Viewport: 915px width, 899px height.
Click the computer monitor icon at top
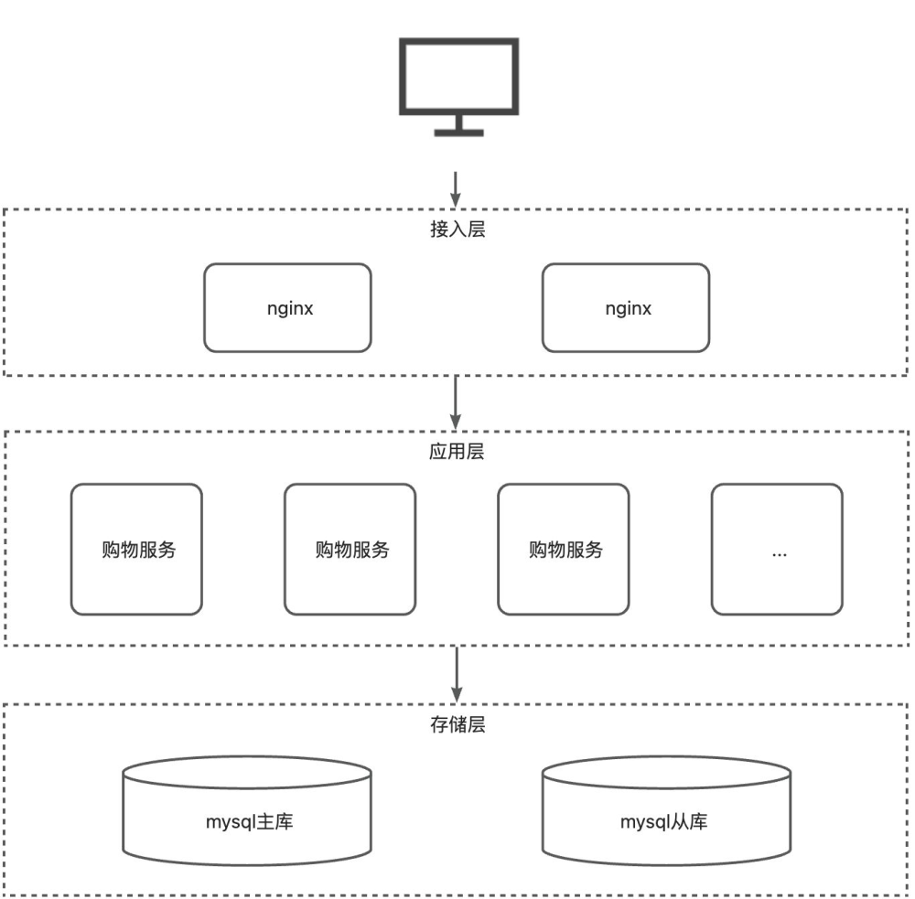pos(458,77)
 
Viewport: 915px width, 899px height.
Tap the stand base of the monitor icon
pos(458,133)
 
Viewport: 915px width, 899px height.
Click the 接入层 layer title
pos(457,230)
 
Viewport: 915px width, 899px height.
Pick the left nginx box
pos(287,307)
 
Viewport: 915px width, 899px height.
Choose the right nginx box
pos(626,307)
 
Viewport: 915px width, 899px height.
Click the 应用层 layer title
pos(457,452)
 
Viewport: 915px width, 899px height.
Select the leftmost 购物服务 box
pos(136,549)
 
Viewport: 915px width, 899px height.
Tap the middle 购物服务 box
pos(350,549)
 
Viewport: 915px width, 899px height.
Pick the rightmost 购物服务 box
pos(564,549)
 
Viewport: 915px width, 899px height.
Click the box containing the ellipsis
pos(778,549)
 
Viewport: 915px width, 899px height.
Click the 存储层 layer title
pos(457,725)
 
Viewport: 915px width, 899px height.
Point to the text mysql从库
pos(664,821)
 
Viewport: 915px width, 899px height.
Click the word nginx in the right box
pos(628,308)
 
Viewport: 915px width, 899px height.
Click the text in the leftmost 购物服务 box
pos(138,550)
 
